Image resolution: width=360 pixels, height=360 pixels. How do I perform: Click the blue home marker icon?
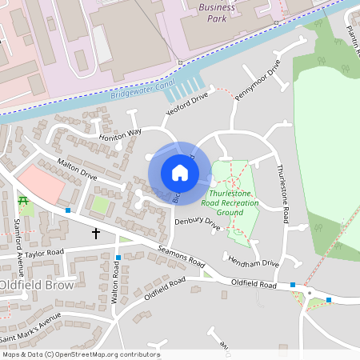(x=180, y=172)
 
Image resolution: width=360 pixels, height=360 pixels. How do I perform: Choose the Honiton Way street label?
(x=119, y=134)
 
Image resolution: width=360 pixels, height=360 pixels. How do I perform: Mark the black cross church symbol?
(x=96, y=234)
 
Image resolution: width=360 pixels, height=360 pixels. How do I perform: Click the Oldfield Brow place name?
(x=37, y=285)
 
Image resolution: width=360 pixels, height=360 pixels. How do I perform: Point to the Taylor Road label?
(x=44, y=253)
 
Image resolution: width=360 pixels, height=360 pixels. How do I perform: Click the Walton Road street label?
(x=116, y=285)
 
